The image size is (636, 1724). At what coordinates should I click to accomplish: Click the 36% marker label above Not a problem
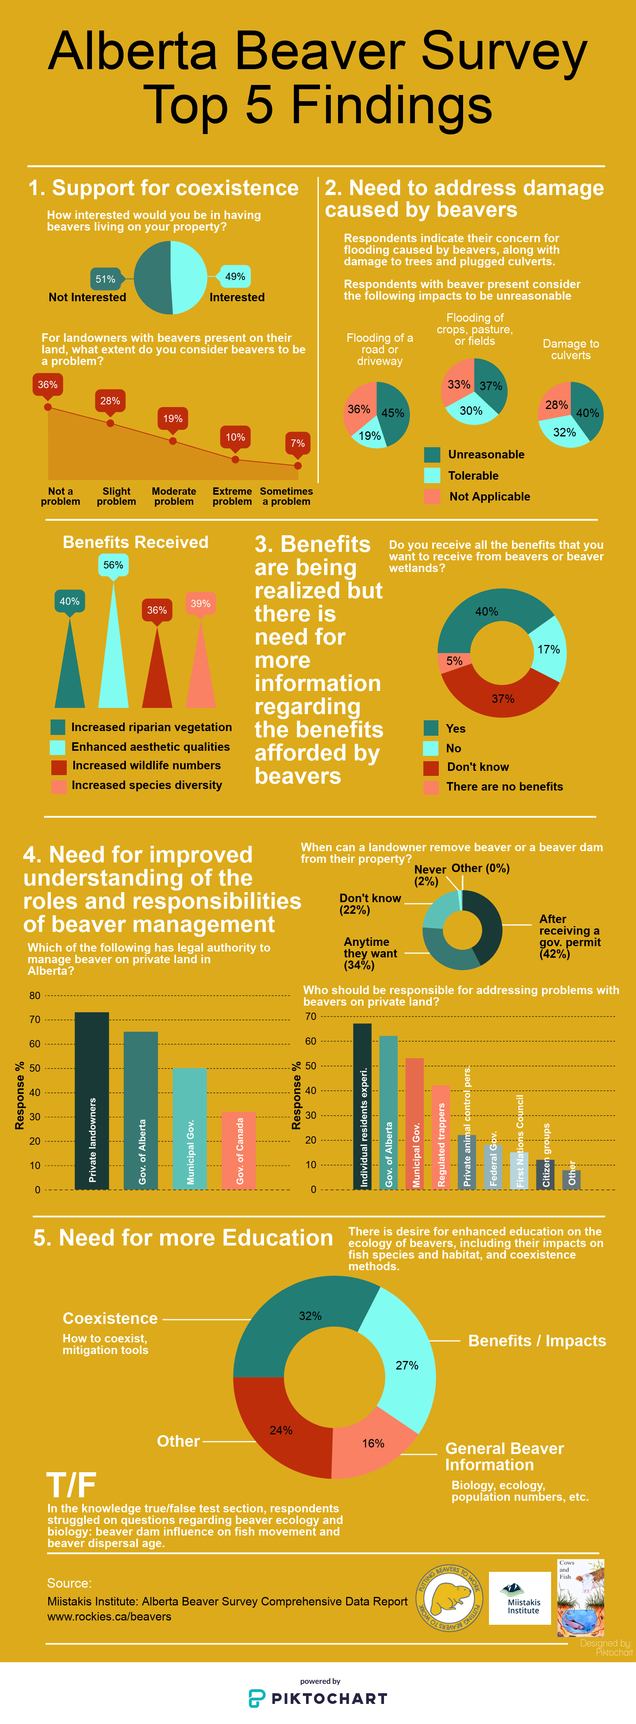(x=47, y=385)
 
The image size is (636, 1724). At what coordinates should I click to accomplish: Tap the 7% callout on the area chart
(x=298, y=443)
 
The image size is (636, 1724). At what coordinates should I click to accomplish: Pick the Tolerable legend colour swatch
(x=432, y=475)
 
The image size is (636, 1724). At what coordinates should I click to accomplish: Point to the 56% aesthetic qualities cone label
(x=113, y=565)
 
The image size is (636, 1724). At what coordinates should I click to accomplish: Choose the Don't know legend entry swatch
(x=431, y=767)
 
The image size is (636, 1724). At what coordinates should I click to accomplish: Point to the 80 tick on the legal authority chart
(x=35, y=995)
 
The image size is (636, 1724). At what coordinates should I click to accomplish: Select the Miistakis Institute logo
(x=519, y=1599)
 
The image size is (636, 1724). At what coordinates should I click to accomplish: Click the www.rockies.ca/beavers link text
(x=109, y=1616)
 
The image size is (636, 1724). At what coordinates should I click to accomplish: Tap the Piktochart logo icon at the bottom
(x=257, y=1699)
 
